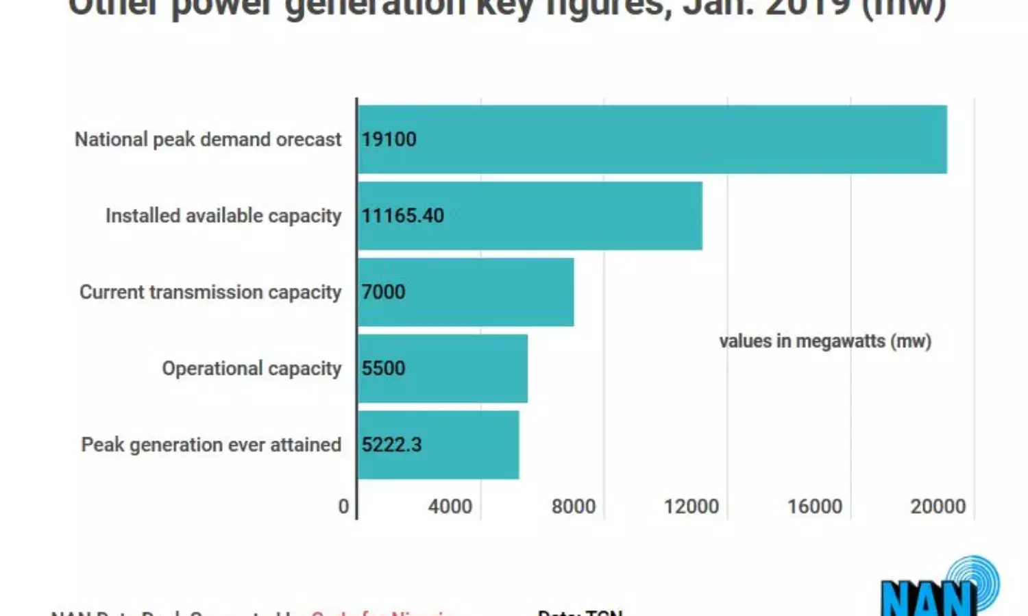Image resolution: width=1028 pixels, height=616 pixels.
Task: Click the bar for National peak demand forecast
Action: [x=651, y=139]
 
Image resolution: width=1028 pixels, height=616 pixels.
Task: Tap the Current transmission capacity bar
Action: [x=465, y=292]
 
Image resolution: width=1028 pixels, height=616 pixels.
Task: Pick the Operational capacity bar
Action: [x=443, y=368]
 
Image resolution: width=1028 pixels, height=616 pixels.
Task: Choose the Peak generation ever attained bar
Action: [x=438, y=445]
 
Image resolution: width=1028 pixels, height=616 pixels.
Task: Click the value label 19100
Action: [x=389, y=139]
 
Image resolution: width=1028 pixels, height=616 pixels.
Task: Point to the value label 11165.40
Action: [x=402, y=216]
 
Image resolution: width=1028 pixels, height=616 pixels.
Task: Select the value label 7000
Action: [x=383, y=292]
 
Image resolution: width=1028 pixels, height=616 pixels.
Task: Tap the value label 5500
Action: [x=383, y=368]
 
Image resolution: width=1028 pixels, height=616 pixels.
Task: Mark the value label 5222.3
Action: [x=391, y=445]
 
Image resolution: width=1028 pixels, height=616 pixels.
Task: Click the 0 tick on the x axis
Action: [x=343, y=506]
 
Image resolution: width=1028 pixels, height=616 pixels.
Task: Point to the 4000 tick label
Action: [x=450, y=506]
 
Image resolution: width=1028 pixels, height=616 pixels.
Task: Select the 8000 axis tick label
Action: [x=573, y=506]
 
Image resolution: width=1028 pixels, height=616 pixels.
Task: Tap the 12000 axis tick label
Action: [x=691, y=506]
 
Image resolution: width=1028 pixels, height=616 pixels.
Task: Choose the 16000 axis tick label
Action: [x=814, y=506]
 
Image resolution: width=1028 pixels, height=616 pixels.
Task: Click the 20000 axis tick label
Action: [x=938, y=506]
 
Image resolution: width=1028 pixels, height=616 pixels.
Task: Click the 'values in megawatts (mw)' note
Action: [x=825, y=341]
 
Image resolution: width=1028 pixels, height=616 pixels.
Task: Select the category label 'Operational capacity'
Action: [x=251, y=369]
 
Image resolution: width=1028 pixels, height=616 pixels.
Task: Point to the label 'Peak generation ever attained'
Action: [x=211, y=445]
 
